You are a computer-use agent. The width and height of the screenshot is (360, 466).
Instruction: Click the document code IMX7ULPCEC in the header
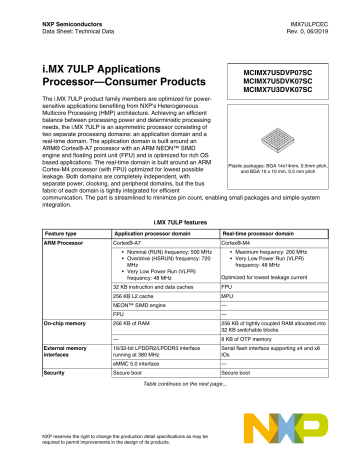point(315,10)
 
